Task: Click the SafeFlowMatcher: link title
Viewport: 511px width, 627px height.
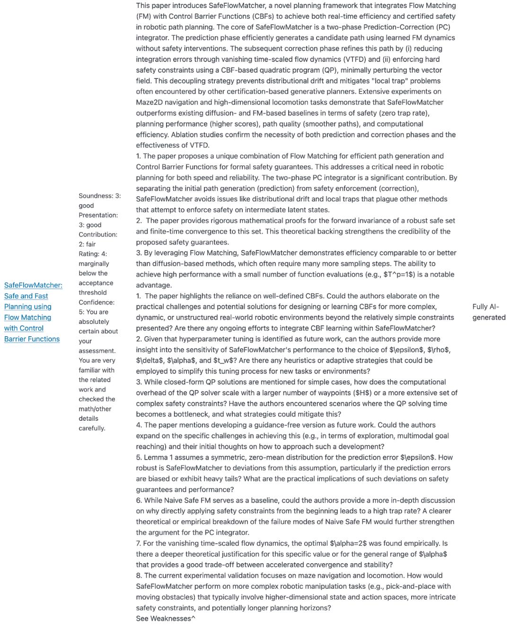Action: point(33,285)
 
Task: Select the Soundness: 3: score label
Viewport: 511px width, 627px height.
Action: point(99,196)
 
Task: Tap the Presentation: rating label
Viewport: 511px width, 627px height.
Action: point(98,215)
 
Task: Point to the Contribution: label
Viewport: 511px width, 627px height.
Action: point(98,235)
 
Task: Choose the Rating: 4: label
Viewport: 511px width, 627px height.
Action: point(93,254)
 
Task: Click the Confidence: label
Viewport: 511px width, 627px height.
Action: point(97,302)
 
